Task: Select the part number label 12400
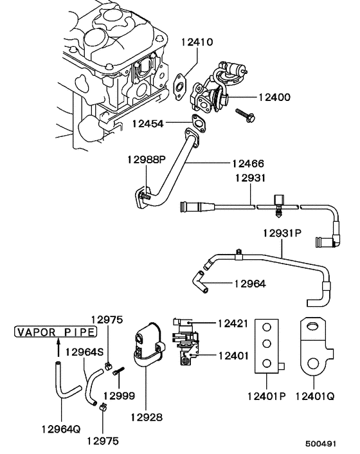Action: (274, 98)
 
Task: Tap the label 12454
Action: (148, 122)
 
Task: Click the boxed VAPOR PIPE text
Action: (55, 332)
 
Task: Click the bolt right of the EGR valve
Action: (246, 116)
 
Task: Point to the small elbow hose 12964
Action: (200, 281)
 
